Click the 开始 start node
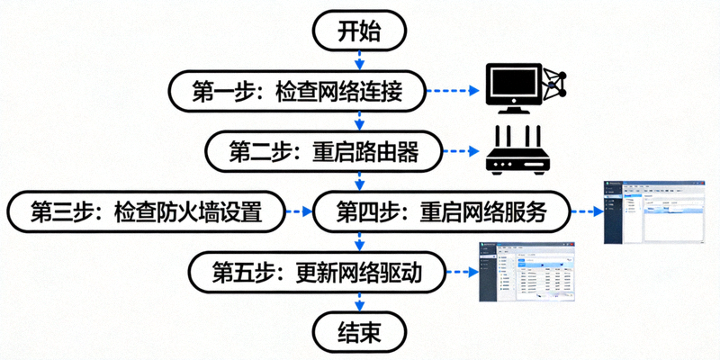tap(360, 32)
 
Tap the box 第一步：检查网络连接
tap(296, 91)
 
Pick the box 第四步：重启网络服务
tap(441, 212)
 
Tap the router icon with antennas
tap(517, 150)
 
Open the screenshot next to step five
tap(526, 272)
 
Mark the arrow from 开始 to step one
tap(360, 60)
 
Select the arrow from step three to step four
tap(298, 212)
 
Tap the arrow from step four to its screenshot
tap(585, 212)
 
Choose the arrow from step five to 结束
tap(360, 301)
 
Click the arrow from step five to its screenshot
tap(460, 272)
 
